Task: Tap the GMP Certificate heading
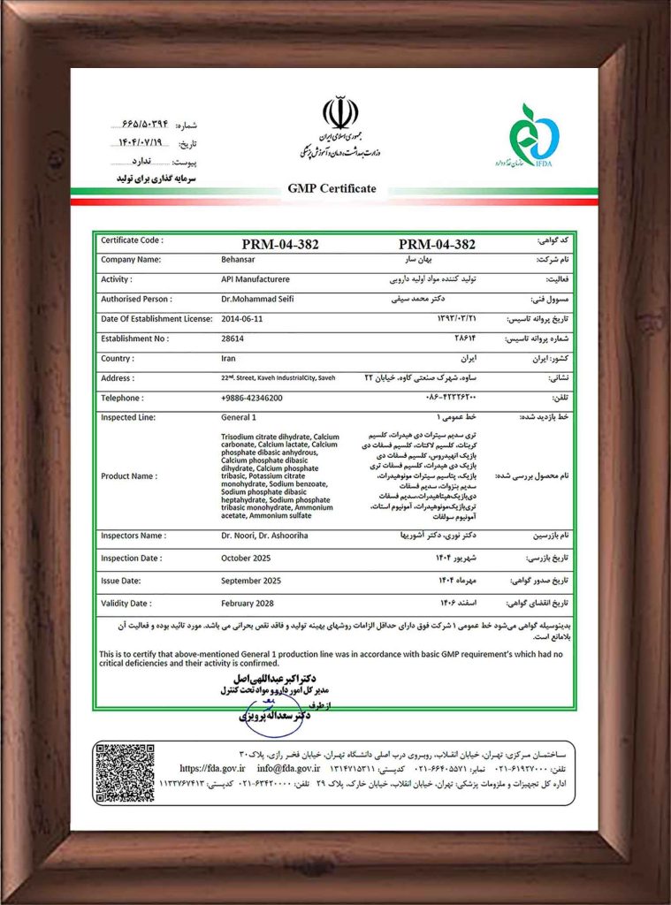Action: (x=332, y=188)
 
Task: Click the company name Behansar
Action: (x=239, y=260)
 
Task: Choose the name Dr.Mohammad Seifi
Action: (x=258, y=299)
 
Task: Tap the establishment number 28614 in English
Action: (x=233, y=338)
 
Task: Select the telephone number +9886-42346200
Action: (x=252, y=398)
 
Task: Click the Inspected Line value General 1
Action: (x=239, y=417)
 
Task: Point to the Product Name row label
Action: (x=129, y=475)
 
